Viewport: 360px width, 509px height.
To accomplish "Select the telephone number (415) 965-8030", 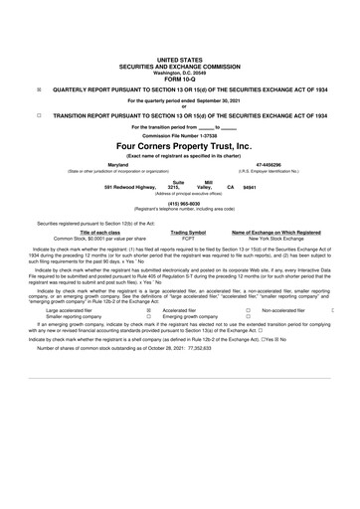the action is (180, 203).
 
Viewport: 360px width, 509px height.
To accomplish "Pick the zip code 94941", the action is (250, 187).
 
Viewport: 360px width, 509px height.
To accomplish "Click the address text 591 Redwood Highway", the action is (130, 187).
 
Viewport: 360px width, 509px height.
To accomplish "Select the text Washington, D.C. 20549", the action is (180, 71).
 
